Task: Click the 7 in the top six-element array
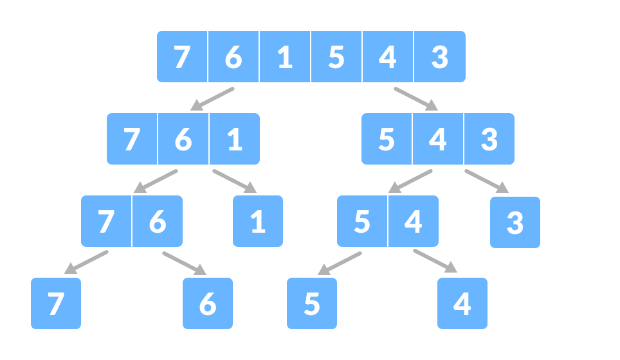coord(182,57)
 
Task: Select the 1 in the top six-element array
coord(285,57)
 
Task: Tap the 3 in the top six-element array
coord(439,57)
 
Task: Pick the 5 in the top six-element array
coord(336,57)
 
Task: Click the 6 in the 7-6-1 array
coord(183,139)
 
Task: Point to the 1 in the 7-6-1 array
coord(235,139)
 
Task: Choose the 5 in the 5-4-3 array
coord(387,139)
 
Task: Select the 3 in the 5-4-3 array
coord(489,139)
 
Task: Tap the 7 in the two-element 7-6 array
coord(106,222)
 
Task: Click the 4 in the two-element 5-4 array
coord(414,222)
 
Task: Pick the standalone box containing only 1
coord(258,222)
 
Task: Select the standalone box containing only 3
coord(515,222)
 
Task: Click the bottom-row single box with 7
coord(56,303)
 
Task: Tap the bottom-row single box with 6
coord(208,303)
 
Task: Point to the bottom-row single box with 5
coord(312,303)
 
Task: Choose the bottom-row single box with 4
coord(462,303)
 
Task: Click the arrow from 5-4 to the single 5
coord(340,263)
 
